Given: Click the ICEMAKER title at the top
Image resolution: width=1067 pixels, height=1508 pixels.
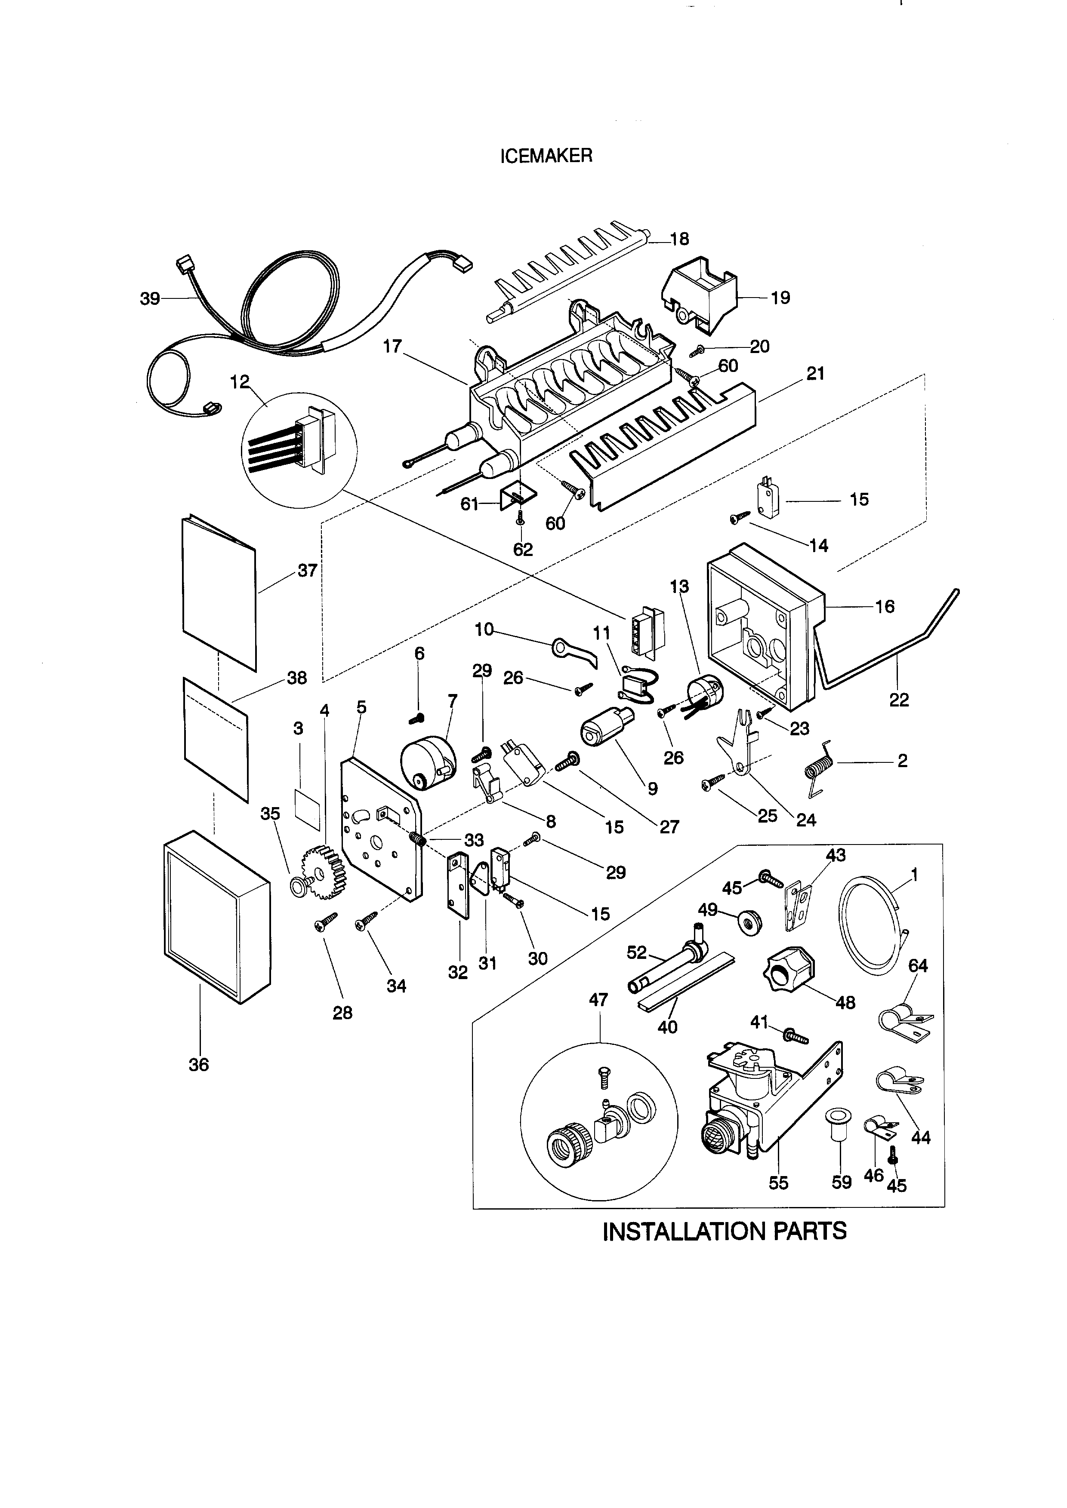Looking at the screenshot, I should coord(546,156).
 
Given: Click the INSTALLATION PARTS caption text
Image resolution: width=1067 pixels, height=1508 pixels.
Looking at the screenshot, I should coord(724,1231).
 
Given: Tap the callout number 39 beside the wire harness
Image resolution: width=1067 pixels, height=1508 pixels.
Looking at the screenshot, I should coord(150,299).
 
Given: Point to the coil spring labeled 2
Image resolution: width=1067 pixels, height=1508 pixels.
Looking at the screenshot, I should coord(819,767).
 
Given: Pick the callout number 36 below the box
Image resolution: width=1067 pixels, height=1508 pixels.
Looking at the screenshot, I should coord(198,1065).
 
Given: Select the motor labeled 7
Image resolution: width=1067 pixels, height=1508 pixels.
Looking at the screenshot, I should coord(427,762).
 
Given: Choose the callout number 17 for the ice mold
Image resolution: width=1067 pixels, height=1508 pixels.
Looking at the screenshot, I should coord(392,346).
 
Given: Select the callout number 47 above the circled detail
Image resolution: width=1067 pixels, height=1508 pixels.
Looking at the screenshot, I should coord(598,1000).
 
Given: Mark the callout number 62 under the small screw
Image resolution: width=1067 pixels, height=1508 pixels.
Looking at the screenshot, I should coord(523,550).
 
